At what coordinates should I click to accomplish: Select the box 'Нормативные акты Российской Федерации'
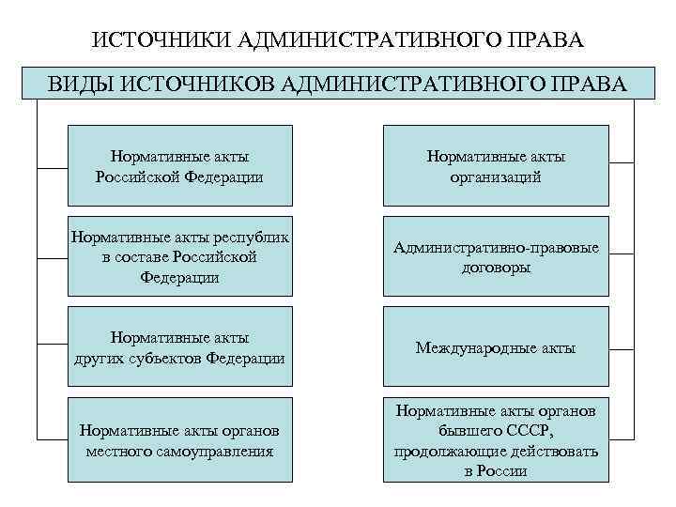179,165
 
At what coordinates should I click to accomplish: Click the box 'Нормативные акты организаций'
496,165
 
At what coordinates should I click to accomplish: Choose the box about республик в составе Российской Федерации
179,256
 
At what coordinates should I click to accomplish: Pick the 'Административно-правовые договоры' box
496,256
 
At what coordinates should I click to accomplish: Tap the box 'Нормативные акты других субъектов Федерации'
179,346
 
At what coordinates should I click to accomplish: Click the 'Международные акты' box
496,346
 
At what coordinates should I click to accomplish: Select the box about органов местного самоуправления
179,439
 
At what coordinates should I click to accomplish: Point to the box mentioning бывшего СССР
496,439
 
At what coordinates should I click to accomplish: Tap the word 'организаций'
496,177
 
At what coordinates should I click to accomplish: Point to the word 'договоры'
496,268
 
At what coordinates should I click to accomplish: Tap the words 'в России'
496,471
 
